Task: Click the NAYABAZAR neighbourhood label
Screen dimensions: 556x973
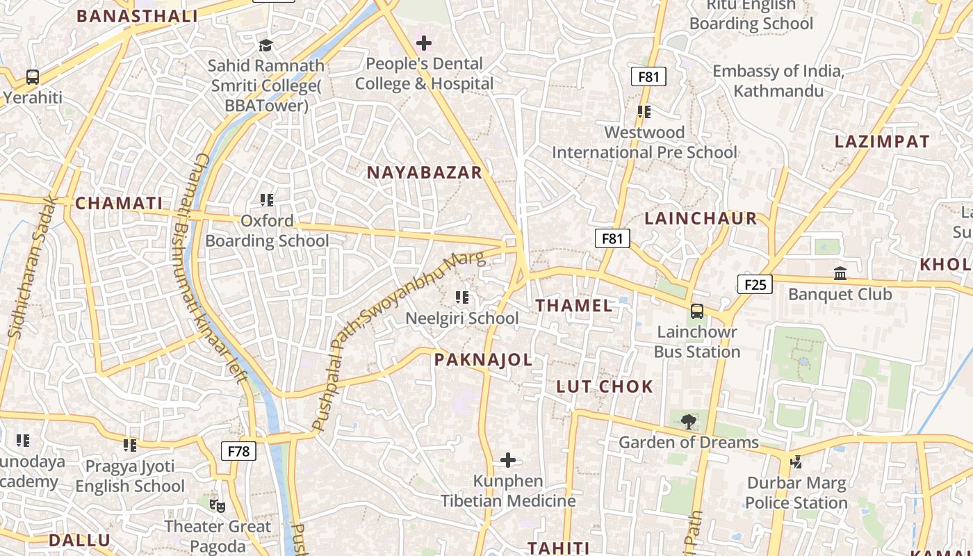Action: click(x=424, y=172)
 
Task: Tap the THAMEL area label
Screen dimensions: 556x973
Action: click(x=574, y=305)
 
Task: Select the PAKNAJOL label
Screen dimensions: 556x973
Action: click(x=483, y=359)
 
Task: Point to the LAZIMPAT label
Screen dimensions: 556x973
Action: click(x=882, y=142)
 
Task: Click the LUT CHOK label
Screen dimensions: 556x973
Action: click(x=605, y=386)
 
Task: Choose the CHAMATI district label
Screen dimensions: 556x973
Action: click(x=119, y=203)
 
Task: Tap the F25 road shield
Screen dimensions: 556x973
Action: click(x=755, y=284)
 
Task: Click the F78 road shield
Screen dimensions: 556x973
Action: click(x=238, y=451)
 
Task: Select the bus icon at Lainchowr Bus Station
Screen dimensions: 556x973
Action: click(x=697, y=311)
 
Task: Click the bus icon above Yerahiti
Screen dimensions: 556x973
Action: click(x=33, y=77)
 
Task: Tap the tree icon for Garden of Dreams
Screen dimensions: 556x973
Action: click(x=689, y=421)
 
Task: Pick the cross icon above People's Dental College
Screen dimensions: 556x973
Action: click(x=423, y=43)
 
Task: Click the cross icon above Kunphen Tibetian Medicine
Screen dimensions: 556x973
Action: click(x=508, y=460)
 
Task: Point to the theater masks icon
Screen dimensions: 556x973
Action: click(x=218, y=505)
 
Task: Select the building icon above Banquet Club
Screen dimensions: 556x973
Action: click(x=840, y=273)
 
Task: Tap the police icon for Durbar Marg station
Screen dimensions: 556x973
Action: click(x=796, y=461)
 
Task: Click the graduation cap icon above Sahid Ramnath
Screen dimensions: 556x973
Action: click(x=265, y=45)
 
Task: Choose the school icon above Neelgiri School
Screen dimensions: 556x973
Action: click(x=462, y=297)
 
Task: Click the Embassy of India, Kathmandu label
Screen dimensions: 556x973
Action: click(x=778, y=81)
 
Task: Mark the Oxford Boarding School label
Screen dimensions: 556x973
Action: click(x=267, y=231)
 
